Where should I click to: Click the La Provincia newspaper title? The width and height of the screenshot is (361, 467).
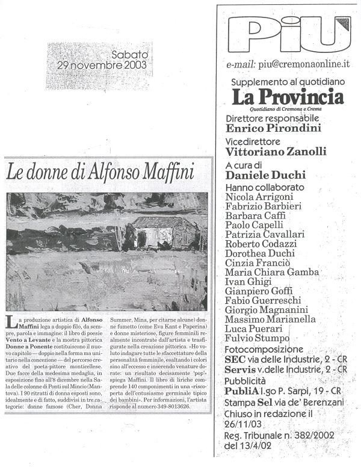[284, 96]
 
